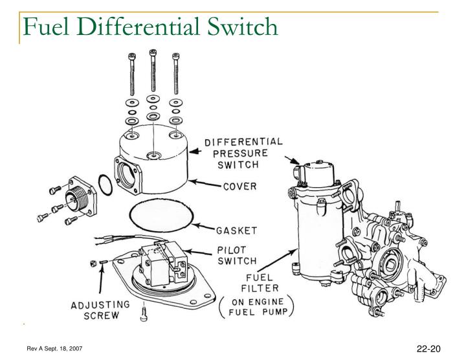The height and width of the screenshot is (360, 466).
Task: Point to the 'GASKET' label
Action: coord(237,229)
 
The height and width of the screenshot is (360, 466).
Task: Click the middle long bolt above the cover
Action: coord(153,71)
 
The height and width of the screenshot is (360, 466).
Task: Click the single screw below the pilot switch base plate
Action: coord(143,316)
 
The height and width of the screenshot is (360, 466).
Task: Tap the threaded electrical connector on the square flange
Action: coord(79,191)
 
